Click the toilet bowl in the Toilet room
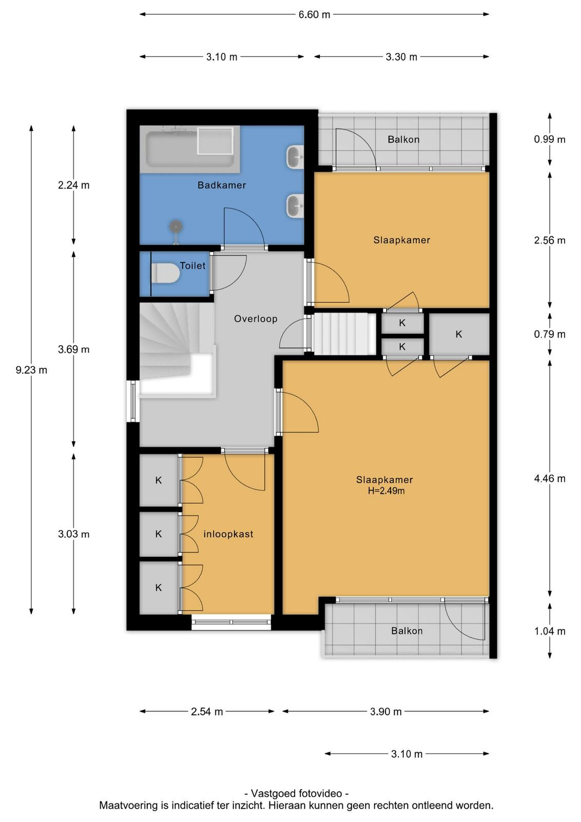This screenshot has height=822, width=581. [x=165, y=273]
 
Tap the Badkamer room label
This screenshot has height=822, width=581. [x=222, y=185]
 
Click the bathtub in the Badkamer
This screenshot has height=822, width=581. [x=190, y=150]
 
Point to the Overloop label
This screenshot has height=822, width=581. [x=256, y=319]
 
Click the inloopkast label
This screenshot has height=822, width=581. [x=228, y=534]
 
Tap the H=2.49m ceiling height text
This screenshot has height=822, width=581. [x=386, y=491]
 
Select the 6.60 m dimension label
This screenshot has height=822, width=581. [x=314, y=15]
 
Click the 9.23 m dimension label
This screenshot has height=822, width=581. [x=31, y=370]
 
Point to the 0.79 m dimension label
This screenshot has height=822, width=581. [x=550, y=334]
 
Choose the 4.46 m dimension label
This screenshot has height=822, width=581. [x=550, y=478]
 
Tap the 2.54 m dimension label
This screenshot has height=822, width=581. [x=207, y=712]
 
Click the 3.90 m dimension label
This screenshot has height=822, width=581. [x=385, y=712]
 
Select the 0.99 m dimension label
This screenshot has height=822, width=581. [x=550, y=139]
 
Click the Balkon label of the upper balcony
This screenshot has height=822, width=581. [x=403, y=139]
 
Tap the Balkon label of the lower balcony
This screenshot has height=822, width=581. [x=407, y=631]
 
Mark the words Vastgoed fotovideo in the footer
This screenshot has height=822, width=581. [x=297, y=793]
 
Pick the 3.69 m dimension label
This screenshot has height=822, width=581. [x=74, y=349]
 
